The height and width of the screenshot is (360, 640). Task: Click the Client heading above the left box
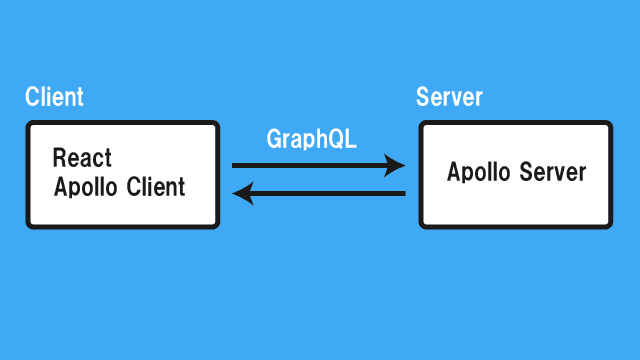[x=54, y=98]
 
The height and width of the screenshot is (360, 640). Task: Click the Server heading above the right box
[x=449, y=98]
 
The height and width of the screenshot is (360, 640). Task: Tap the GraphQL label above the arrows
[x=311, y=139]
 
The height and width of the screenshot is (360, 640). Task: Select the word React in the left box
[x=82, y=158]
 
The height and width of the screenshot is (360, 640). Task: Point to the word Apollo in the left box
[x=87, y=187]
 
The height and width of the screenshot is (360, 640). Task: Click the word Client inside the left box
[x=156, y=187]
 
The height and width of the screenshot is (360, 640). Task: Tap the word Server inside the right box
[x=552, y=172]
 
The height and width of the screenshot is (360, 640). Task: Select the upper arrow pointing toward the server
[x=318, y=165]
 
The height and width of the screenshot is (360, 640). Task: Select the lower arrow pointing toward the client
[x=318, y=193]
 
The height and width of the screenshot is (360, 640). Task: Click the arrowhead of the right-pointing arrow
[x=397, y=165]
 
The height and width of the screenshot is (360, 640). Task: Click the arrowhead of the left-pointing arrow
[x=241, y=193]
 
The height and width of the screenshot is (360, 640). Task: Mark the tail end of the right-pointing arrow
[x=235, y=165]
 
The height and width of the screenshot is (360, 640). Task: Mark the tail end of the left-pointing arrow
[x=403, y=193]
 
